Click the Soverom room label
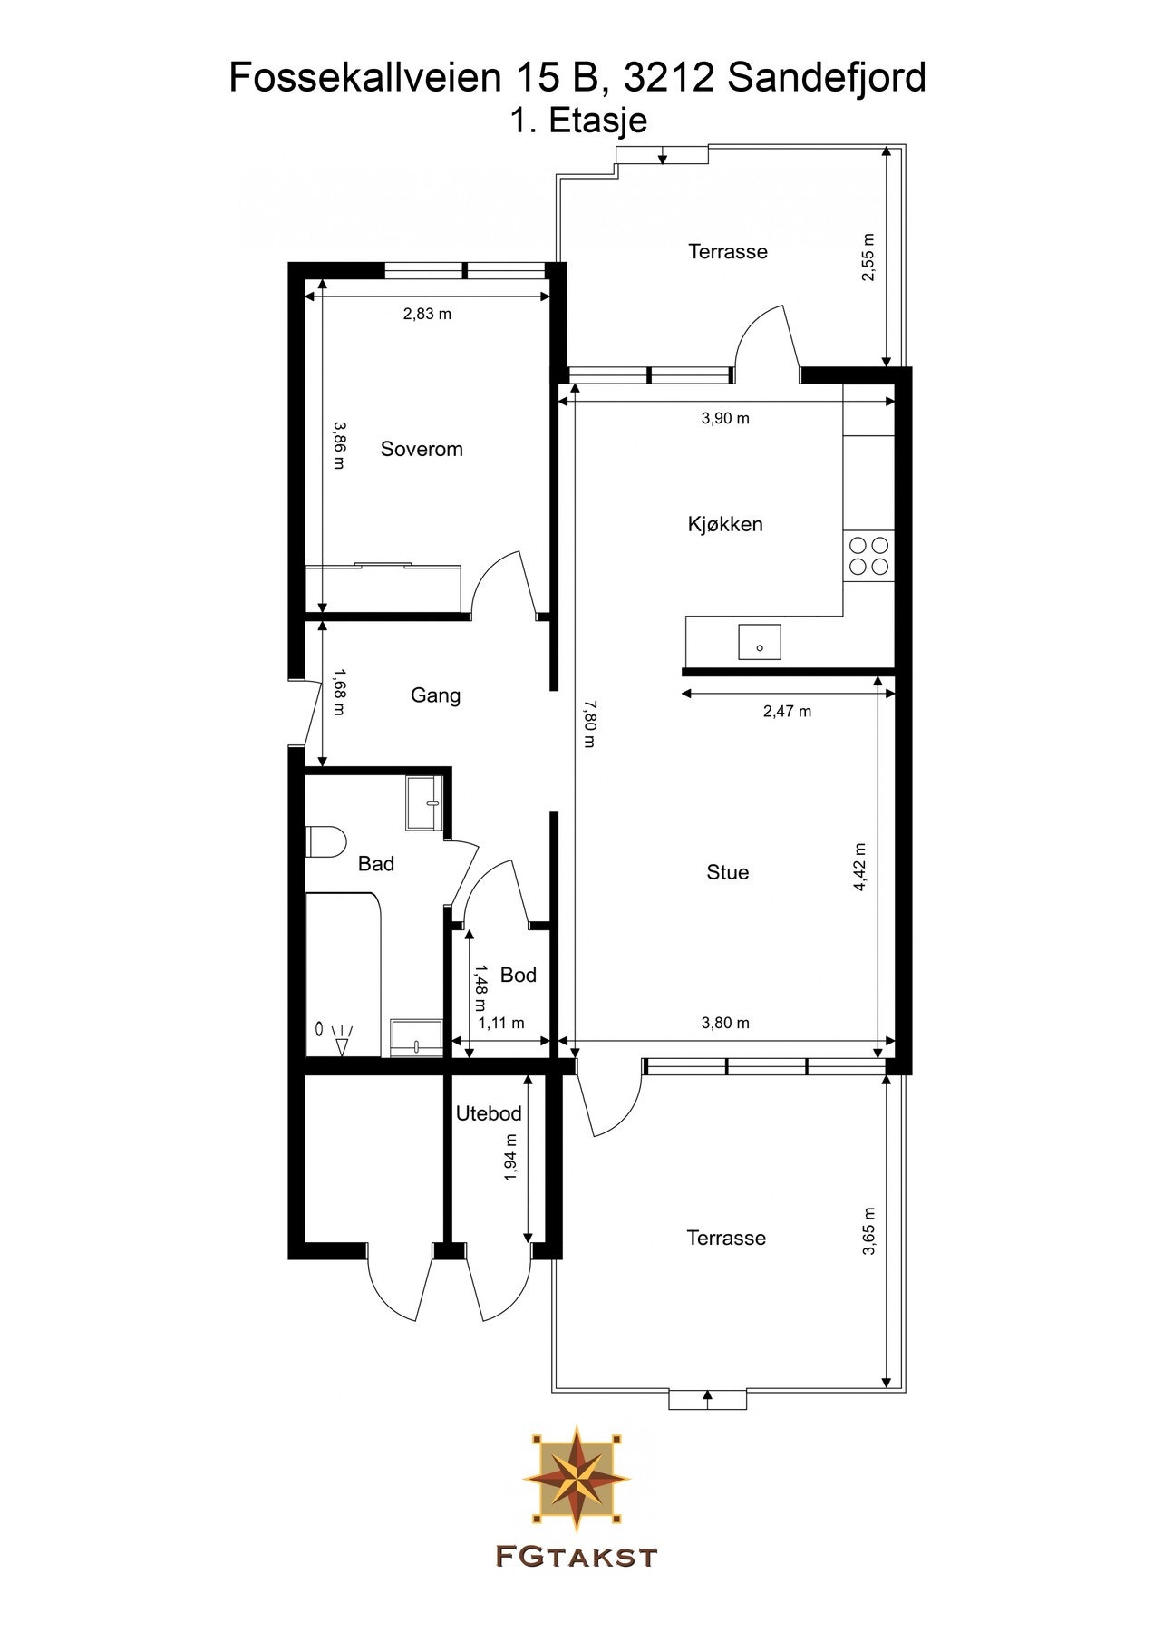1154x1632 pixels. pyautogui.click(x=422, y=449)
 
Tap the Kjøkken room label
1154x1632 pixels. pyautogui.click(x=725, y=524)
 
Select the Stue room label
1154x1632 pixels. pyautogui.click(x=728, y=872)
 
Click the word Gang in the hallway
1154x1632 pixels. pyautogui.click(x=435, y=695)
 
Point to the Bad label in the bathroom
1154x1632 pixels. pyautogui.click(x=375, y=864)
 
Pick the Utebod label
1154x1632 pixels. pyautogui.click(x=489, y=1113)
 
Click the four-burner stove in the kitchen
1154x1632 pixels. pyautogui.click(x=868, y=557)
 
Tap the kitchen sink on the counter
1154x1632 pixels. pyautogui.click(x=760, y=642)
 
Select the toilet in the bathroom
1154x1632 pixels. pyautogui.click(x=324, y=841)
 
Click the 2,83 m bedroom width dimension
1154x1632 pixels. pyautogui.click(x=427, y=315)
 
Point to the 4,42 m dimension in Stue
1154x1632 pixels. pyautogui.click(x=860, y=868)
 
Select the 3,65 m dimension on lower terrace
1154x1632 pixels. pyautogui.click(x=868, y=1230)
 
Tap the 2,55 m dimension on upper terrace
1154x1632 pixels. pyautogui.click(x=868, y=257)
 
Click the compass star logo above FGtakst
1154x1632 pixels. pyautogui.click(x=577, y=1475)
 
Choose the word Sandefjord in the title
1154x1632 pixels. pyautogui.click(x=827, y=78)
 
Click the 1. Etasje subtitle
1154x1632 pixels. pyautogui.click(x=577, y=121)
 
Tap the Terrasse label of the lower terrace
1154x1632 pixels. pyautogui.click(x=726, y=1239)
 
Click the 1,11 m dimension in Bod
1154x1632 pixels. pyautogui.click(x=501, y=1023)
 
